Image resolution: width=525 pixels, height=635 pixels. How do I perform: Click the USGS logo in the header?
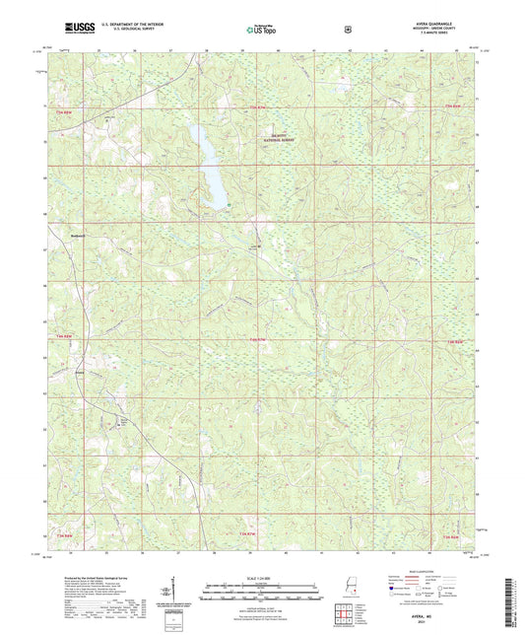[79, 28]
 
